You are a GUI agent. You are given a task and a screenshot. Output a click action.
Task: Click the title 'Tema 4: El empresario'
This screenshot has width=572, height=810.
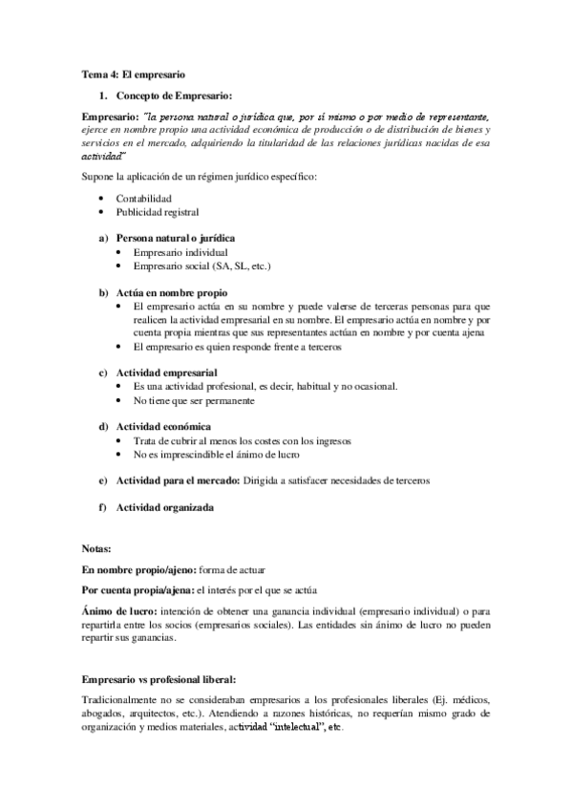pos(134,73)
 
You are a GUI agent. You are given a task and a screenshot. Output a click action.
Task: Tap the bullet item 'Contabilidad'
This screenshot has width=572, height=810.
pos(144,197)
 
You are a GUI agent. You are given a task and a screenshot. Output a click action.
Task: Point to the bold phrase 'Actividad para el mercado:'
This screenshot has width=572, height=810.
pos(178,480)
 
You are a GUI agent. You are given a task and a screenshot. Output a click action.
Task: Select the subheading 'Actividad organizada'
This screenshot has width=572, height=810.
pos(164,507)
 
